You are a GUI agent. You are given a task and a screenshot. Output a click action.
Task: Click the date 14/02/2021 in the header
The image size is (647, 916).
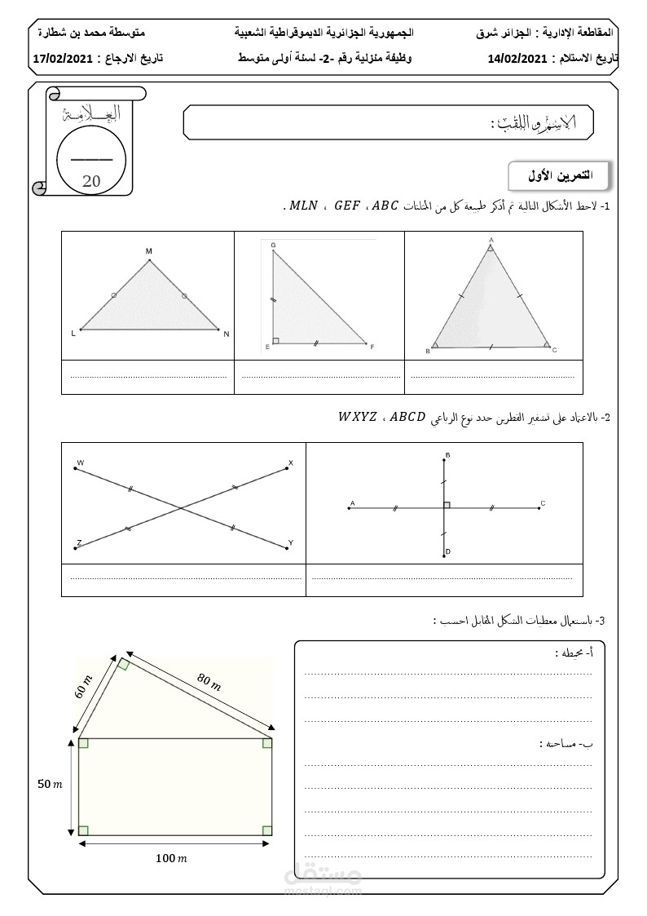point(517,59)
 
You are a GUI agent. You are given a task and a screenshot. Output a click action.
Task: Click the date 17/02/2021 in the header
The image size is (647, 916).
point(62,59)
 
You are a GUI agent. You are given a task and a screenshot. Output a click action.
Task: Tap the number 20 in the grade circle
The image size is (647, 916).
point(91,180)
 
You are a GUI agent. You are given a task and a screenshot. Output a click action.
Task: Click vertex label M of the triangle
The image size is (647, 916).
point(149,251)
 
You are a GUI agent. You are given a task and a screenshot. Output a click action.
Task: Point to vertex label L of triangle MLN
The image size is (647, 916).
point(73,334)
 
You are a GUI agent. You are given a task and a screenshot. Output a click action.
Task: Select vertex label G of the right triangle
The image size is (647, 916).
point(272,246)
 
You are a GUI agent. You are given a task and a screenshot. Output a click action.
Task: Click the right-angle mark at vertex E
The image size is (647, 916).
point(276,340)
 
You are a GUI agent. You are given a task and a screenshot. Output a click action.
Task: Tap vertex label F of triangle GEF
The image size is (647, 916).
point(372,347)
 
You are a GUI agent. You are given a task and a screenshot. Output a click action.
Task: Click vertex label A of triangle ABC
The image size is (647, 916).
point(491,240)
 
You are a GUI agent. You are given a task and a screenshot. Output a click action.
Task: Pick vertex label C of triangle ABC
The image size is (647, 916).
point(554,350)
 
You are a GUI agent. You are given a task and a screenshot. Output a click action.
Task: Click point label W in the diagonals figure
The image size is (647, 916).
point(80,463)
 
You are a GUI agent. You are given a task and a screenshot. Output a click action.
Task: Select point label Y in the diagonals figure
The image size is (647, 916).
point(290,542)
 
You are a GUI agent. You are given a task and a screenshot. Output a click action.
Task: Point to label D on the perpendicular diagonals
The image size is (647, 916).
point(448,552)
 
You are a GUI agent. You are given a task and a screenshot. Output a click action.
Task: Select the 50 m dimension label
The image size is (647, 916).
point(50,785)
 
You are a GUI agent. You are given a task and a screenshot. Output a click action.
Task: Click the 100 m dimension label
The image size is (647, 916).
point(172,858)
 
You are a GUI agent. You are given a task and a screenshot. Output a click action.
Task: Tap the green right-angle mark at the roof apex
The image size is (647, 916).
point(123,664)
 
